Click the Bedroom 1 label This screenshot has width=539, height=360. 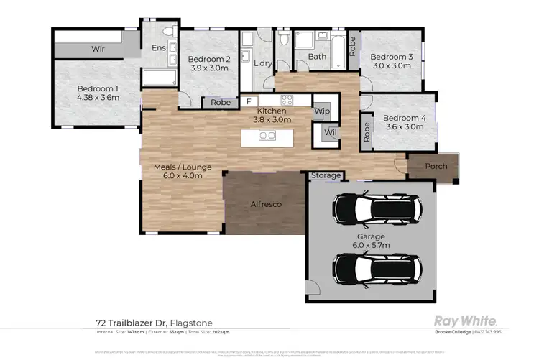tap(98, 89)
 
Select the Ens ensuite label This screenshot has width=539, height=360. tap(158, 48)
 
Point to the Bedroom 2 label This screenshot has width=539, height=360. tap(209, 59)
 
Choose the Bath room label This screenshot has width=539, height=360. tap(316, 56)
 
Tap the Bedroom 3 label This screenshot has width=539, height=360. tap(392, 56)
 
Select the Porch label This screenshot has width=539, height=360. tap(436, 167)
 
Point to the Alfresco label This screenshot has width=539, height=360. tap(265, 204)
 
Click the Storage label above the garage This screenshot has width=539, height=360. tap(326, 175)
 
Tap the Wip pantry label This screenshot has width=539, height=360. tap(322, 111)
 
